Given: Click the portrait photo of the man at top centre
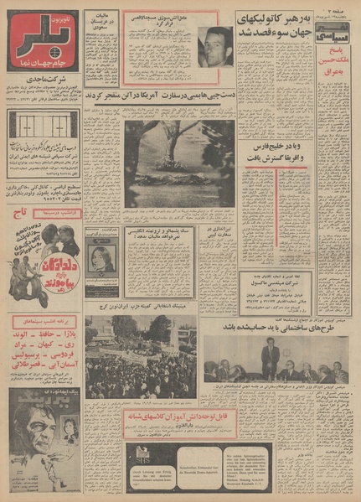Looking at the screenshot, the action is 215,47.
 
